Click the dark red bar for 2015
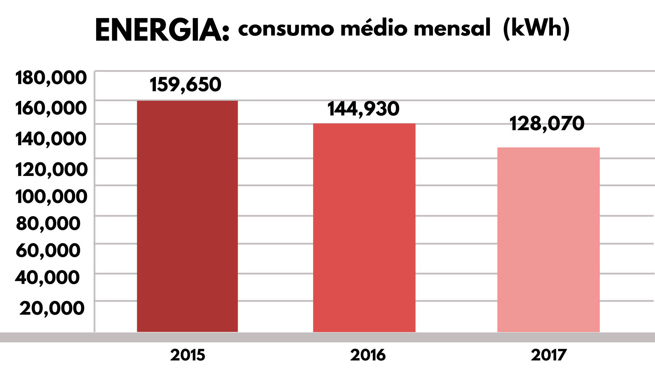pyautogui.click(x=187, y=216)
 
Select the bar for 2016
pyautogui.click(x=364, y=228)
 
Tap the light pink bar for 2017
pyautogui.click(x=548, y=240)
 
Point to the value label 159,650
pyautogui.click(x=186, y=84)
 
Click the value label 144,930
pyautogui.click(x=363, y=109)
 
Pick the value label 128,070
pyautogui.click(x=547, y=124)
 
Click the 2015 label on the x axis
pyautogui.click(x=188, y=355)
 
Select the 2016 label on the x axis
pyautogui.click(x=368, y=355)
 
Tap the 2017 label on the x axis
pyautogui.click(x=549, y=355)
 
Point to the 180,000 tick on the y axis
pyautogui.click(x=51, y=78)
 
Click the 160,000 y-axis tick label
pyautogui.click(x=51, y=108)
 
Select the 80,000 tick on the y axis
pyautogui.click(x=48, y=223)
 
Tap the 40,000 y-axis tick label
pyautogui.click(x=47, y=277)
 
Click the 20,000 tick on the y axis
pyautogui.click(x=52, y=308)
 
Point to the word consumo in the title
pyautogui.click(x=286, y=29)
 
